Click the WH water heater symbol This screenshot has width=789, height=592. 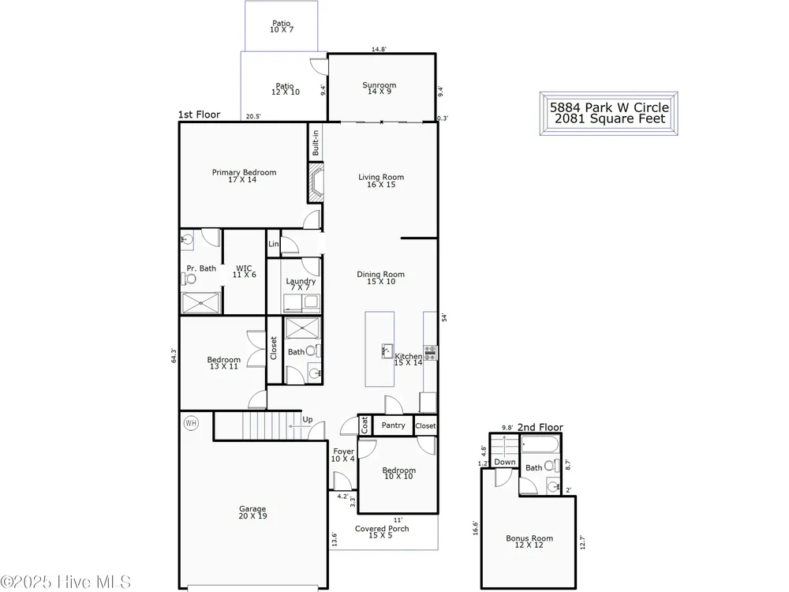[x=191, y=423]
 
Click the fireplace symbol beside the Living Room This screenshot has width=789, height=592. [x=316, y=183]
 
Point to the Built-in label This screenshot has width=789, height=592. [x=316, y=143]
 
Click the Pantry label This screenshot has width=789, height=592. [x=393, y=425]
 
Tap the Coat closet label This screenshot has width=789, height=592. [x=365, y=425]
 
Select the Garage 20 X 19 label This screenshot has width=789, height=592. [x=252, y=512]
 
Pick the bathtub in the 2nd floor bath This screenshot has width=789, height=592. [x=540, y=444]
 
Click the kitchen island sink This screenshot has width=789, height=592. [x=387, y=351]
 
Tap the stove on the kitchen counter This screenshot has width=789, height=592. [x=430, y=352]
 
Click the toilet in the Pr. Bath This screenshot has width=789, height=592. [x=191, y=279]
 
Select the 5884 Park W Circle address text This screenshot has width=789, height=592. [x=609, y=107]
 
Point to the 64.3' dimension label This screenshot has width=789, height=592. [x=174, y=355]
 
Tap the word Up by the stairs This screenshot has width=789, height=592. [x=308, y=419]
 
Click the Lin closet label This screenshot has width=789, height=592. [x=273, y=244]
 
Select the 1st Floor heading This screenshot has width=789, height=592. [x=200, y=114]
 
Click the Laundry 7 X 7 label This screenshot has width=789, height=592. [x=301, y=284]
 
